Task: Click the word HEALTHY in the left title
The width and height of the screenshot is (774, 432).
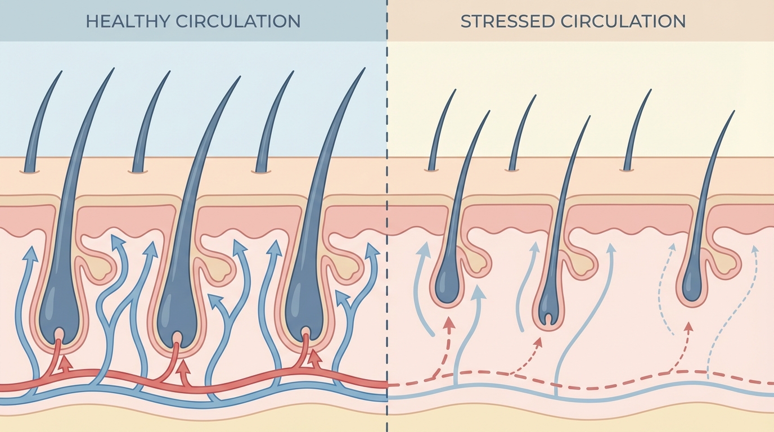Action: [x=127, y=21]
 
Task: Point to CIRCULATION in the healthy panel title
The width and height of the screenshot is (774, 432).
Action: [x=238, y=21]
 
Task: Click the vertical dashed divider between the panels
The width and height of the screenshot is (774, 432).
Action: [x=387, y=225]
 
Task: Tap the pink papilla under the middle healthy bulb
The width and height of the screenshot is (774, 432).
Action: [x=177, y=338]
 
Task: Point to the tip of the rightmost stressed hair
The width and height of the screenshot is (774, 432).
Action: [x=733, y=112]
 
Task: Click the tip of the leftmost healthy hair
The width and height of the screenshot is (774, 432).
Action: [x=61, y=72]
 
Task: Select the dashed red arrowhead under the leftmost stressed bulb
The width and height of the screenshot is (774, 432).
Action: [x=448, y=322]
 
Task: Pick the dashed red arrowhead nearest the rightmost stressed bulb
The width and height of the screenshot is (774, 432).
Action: [x=688, y=326]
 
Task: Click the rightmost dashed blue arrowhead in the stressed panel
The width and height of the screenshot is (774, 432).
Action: [x=754, y=247]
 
